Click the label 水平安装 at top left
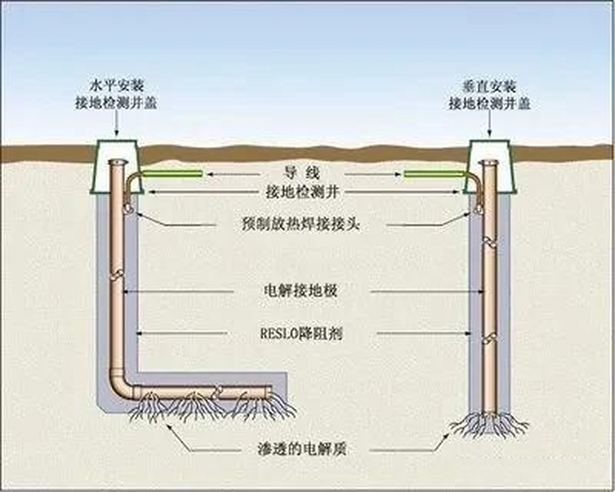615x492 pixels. (116, 85)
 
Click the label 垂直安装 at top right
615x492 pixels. (489, 85)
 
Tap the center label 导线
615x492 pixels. (302, 173)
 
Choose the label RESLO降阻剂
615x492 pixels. (301, 334)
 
